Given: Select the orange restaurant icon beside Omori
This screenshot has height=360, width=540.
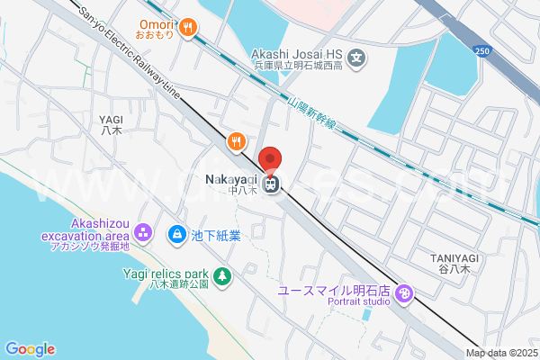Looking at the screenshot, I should [x=188, y=28].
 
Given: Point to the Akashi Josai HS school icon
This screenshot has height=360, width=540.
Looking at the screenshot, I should [x=358, y=59].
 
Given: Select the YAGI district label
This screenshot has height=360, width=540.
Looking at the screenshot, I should [x=112, y=124].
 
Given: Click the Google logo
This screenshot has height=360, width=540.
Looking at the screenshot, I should [x=30, y=349].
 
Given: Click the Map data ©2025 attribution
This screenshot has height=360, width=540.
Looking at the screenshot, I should [x=501, y=352].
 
